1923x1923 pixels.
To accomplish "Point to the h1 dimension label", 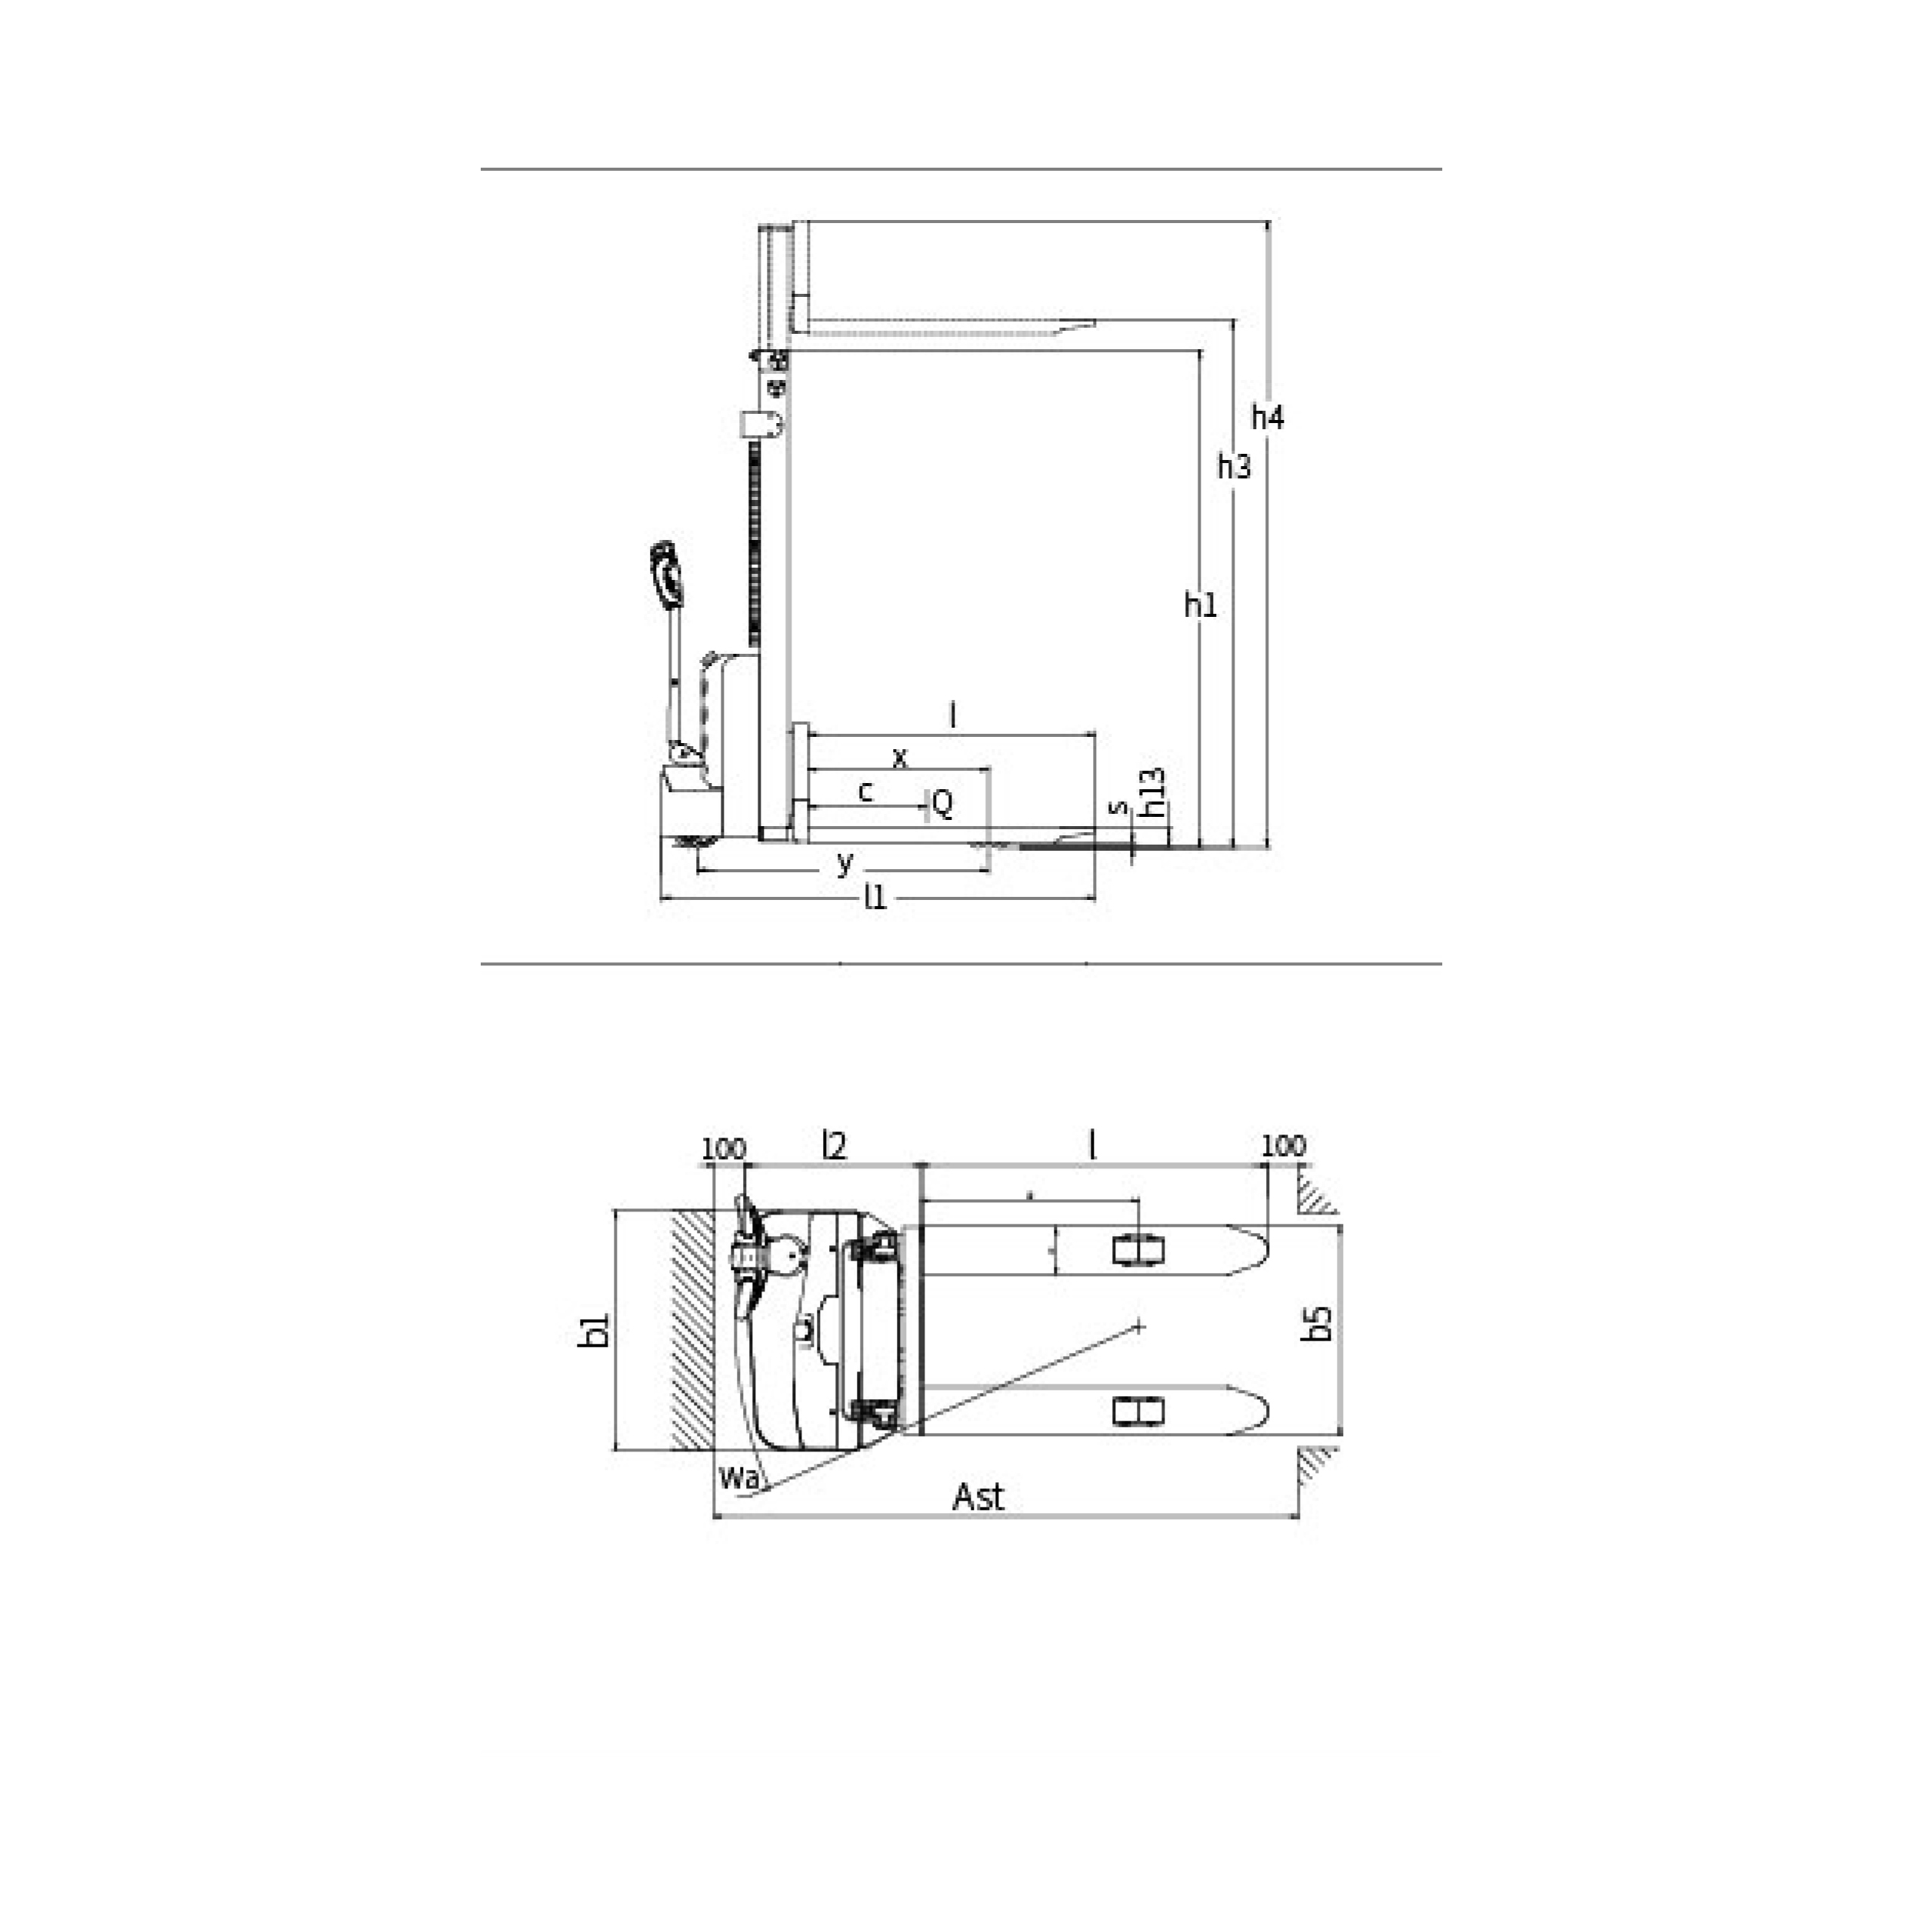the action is (1201, 603).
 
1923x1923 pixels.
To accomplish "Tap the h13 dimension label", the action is (1151, 793).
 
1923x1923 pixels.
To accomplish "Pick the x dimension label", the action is (900, 758).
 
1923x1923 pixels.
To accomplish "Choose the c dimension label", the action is (866, 792).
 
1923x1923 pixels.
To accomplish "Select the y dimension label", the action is (844, 863).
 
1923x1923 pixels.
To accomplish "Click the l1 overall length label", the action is (875, 897).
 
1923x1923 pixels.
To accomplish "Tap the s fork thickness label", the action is (1118, 807).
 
